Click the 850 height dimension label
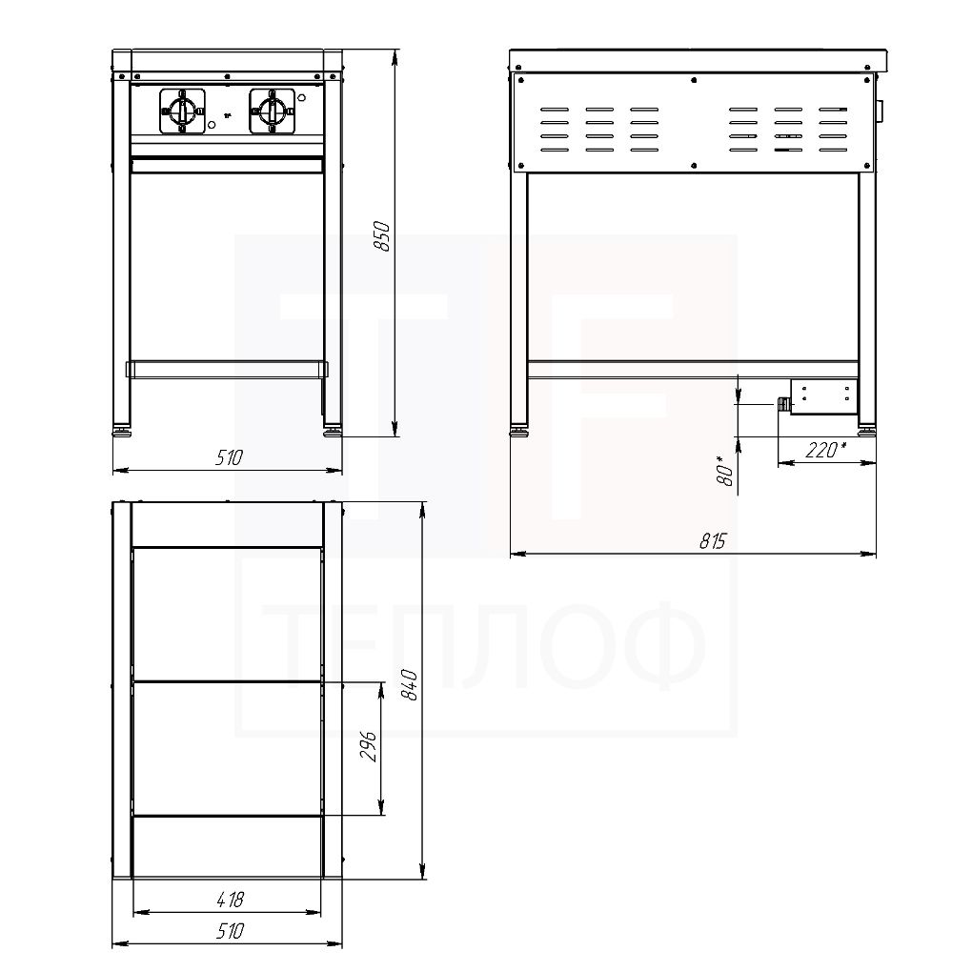(x=383, y=236)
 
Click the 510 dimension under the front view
(x=229, y=458)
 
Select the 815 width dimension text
(x=712, y=541)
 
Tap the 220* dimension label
(x=826, y=450)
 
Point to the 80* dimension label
(x=724, y=471)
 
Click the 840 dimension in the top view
(x=409, y=684)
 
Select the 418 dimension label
(x=230, y=900)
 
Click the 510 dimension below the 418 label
(x=229, y=931)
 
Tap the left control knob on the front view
(x=182, y=111)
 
